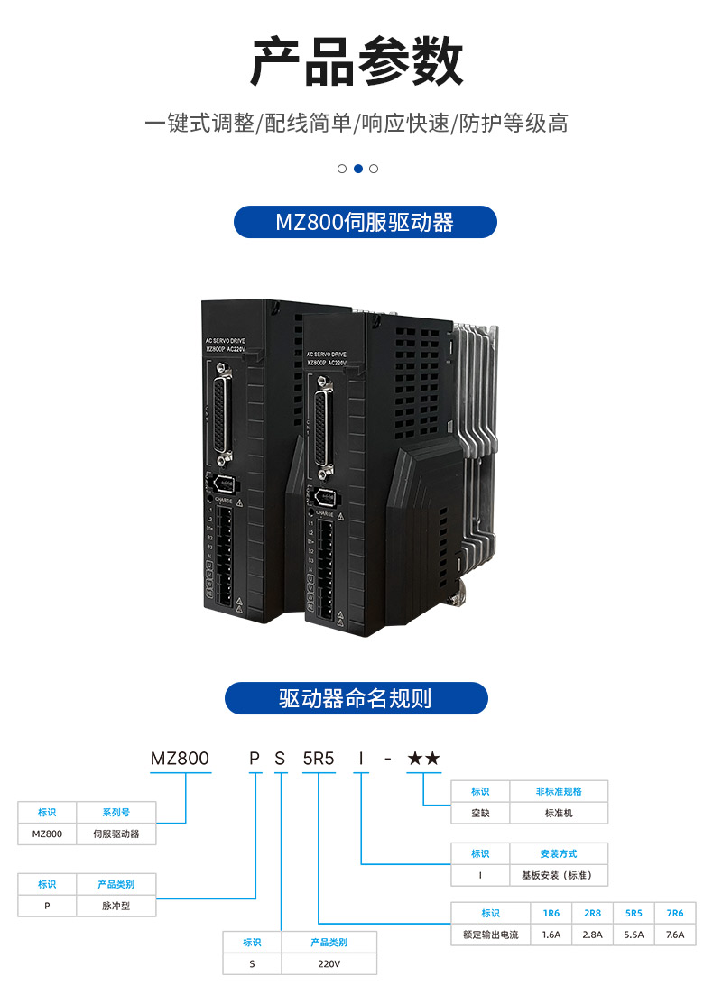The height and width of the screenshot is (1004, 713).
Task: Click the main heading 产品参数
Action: [x=356, y=62]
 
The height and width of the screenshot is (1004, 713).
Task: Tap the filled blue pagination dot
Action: [x=358, y=169]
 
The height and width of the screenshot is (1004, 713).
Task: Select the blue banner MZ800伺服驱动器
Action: [x=365, y=222]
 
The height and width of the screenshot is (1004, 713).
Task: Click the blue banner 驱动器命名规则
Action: [x=356, y=698]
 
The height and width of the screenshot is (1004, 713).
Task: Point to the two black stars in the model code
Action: [x=423, y=759]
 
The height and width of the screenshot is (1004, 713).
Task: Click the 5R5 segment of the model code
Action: [x=319, y=759]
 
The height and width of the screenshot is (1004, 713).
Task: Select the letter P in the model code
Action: [x=255, y=759]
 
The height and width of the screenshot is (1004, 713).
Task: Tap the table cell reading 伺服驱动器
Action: [x=116, y=834]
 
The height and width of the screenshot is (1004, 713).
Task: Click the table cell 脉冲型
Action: [x=116, y=906]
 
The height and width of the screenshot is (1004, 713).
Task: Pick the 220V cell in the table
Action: [x=329, y=963]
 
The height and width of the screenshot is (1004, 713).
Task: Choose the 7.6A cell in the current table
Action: [x=674, y=935]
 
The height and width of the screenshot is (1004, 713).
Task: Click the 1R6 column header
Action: [x=551, y=913]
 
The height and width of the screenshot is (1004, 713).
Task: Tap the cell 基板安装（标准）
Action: [x=559, y=875]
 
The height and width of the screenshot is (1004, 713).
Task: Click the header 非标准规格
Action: [x=559, y=791]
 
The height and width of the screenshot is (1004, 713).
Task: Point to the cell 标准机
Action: [x=559, y=813]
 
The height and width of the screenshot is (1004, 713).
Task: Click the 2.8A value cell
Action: [x=592, y=935]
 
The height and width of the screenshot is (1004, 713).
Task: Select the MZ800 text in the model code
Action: [x=180, y=759]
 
